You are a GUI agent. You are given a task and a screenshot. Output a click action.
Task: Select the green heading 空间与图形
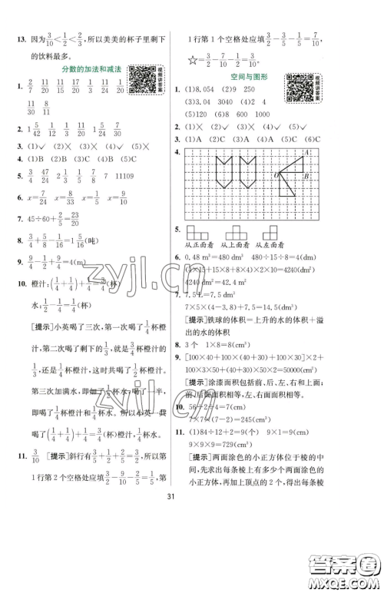(x=246, y=78)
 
